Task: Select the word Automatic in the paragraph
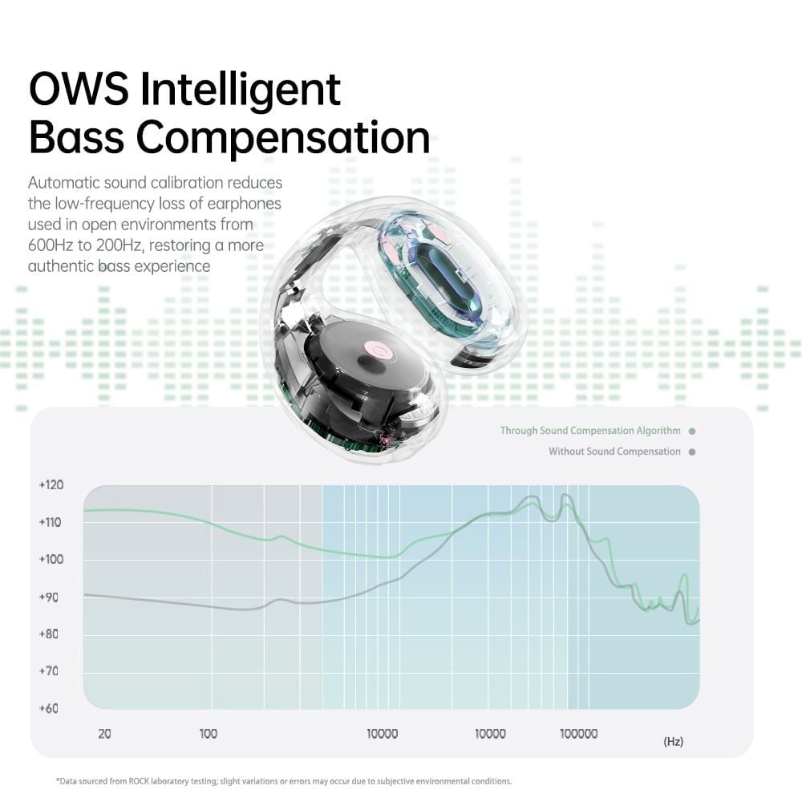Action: coord(63,183)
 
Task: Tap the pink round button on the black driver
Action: coord(379,350)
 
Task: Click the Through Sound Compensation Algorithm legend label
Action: coord(590,431)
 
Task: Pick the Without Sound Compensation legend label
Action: coord(614,452)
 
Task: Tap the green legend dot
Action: coord(692,431)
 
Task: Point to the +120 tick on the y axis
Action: coord(51,485)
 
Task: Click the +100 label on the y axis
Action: coord(51,559)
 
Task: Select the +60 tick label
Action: coord(49,708)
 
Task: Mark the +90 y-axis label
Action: coord(49,597)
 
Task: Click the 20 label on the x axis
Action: coord(104,734)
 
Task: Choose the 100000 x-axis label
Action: coord(578,734)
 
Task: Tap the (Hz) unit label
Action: coord(673,741)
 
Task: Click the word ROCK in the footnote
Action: coord(138,781)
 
